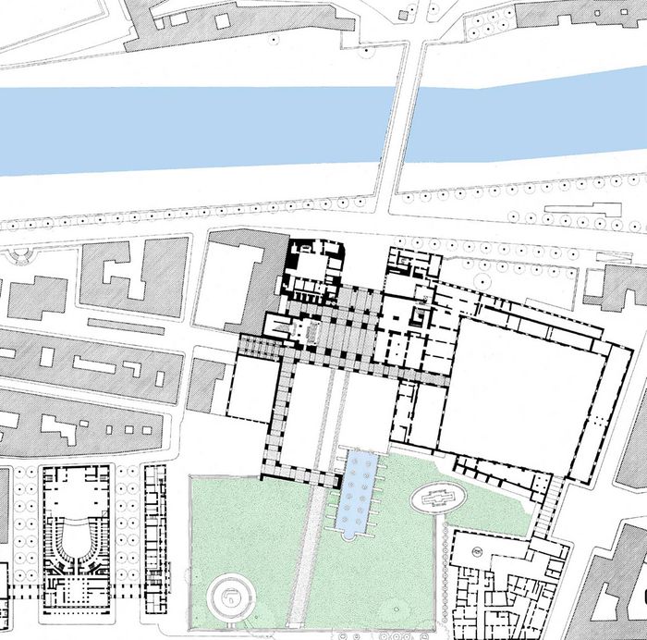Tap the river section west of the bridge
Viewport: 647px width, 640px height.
coord(185,129)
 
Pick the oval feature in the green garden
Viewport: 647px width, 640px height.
coord(438,497)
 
